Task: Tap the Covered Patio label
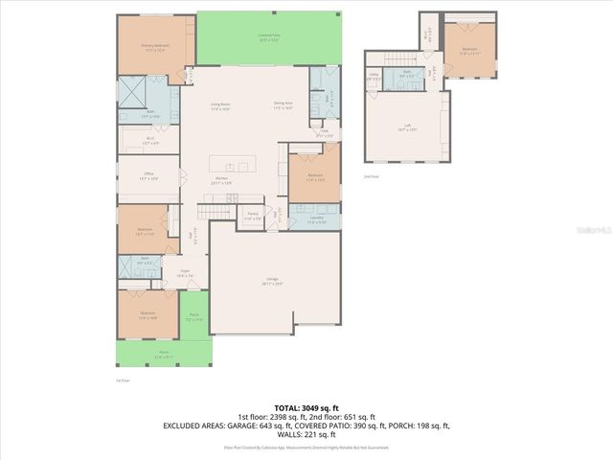pyautogui.click(x=268, y=38)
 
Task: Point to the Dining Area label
pyautogui.click(x=284, y=104)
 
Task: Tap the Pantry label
pyautogui.click(x=253, y=217)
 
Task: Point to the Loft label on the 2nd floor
pyautogui.click(x=408, y=127)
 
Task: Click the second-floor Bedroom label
pyautogui.click(x=469, y=50)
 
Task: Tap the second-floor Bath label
pyautogui.click(x=406, y=74)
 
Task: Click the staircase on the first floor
pyautogui.click(x=216, y=211)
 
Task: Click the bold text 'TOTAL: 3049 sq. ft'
pyautogui.click(x=306, y=407)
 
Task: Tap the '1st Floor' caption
pyautogui.click(x=121, y=379)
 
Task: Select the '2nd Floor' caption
pyautogui.click(x=370, y=177)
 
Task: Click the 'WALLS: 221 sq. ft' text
pyautogui.click(x=306, y=433)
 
